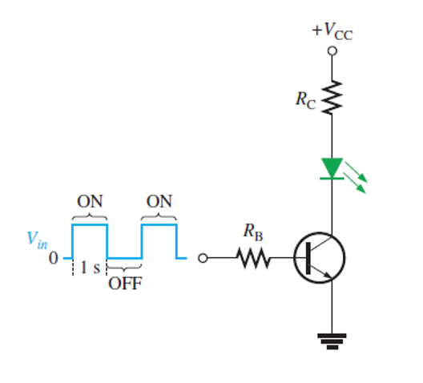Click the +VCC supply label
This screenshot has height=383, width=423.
tap(332, 32)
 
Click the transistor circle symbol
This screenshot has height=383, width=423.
tap(320, 258)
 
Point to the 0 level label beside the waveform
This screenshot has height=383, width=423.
tap(54, 260)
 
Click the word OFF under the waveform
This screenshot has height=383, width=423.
tap(124, 283)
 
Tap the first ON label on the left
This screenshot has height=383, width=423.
tap(90, 200)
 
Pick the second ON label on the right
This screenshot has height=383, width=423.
tap(159, 200)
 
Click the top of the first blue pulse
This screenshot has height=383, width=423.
tap(90, 225)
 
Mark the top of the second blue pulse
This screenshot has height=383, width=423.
tap(159, 225)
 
